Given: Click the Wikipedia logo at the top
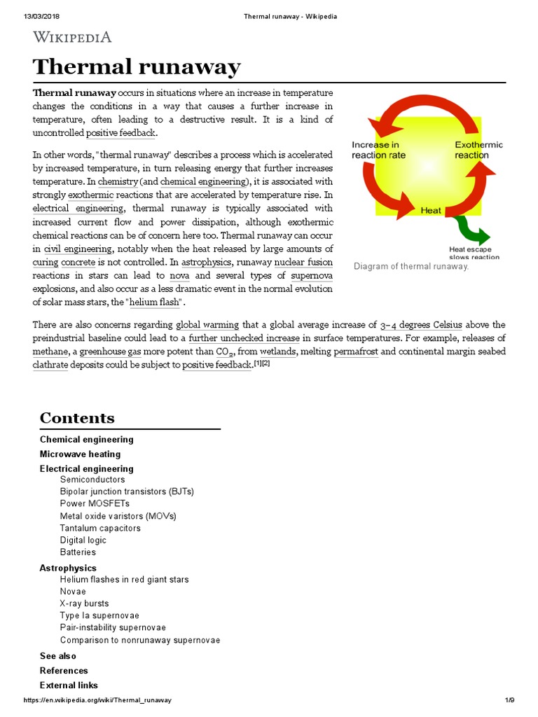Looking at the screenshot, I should coord(72,37).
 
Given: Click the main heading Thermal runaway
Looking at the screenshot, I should coord(137,67).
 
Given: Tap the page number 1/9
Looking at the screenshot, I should coord(509,700).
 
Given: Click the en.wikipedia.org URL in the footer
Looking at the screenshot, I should coord(97,700).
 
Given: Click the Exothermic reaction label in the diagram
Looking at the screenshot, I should coord(478,150).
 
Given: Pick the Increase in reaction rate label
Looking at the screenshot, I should coord(378,150).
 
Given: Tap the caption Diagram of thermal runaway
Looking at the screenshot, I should coord(411,266).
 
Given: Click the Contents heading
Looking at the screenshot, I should coord(77,418).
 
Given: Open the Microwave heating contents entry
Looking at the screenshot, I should coord(80,454).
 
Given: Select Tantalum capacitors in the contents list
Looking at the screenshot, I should coord(100,528).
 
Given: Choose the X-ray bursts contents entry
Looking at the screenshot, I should coord(84,603).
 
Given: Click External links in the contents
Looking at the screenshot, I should coord(69,685).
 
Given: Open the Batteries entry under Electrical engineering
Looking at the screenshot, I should coord(78,552).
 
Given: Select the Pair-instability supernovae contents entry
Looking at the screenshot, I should coord(113,627).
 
